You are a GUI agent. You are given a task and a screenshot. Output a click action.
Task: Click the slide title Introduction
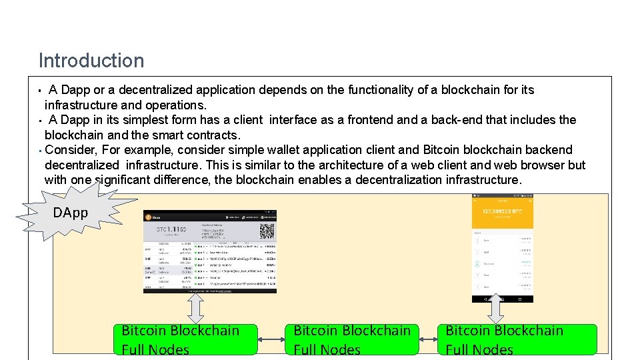[91, 61]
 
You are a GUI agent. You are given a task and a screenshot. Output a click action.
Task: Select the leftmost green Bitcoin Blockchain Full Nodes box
[187, 339]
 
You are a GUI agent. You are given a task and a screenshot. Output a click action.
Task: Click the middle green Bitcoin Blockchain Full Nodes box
[351, 339]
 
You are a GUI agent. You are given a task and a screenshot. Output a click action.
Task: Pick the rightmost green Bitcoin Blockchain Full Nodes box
[517, 339]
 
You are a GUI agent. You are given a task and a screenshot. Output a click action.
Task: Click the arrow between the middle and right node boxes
[429, 340]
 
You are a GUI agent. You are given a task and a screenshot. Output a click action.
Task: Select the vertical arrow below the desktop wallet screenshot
[196, 308]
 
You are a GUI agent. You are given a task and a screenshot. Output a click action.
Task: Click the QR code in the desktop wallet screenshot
[267, 231]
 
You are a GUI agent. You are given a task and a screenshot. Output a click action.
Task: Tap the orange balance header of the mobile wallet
[503, 211]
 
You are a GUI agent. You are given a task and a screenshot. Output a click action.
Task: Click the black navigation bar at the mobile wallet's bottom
[503, 299]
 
